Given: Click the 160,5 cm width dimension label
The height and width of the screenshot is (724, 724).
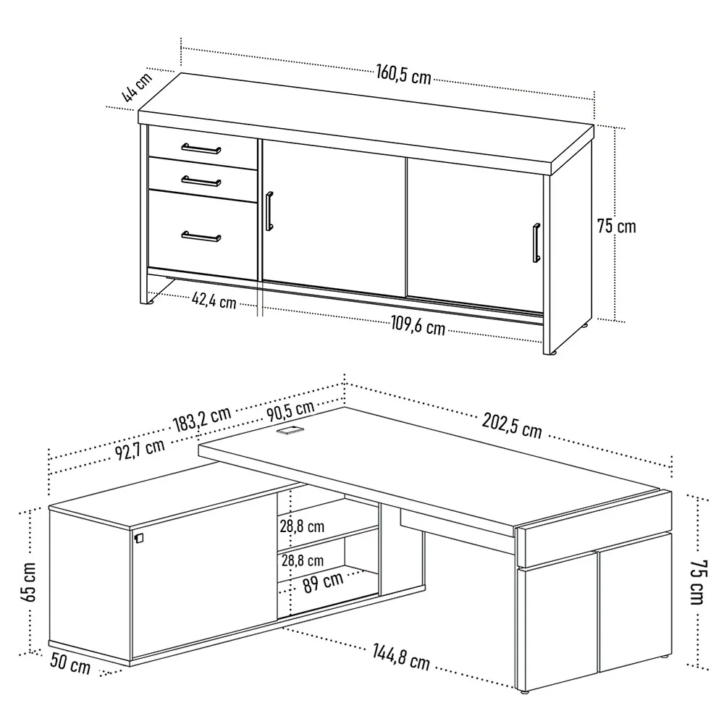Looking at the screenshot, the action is pyautogui.click(x=403, y=75).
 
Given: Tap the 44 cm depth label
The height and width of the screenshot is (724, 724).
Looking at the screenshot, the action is pyautogui.click(x=137, y=87).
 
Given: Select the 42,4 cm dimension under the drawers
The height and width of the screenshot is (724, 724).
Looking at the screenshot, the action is pyautogui.click(x=214, y=300).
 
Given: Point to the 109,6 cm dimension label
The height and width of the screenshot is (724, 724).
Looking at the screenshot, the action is pyautogui.click(x=418, y=326).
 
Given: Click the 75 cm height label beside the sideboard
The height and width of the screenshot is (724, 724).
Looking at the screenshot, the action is pyautogui.click(x=616, y=226).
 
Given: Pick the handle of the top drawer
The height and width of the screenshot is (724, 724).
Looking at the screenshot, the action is pyautogui.click(x=201, y=148).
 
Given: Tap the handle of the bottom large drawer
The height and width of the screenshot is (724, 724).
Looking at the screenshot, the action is pyautogui.click(x=201, y=236).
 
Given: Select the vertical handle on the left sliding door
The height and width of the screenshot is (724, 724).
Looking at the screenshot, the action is pyautogui.click(x=269, y=211).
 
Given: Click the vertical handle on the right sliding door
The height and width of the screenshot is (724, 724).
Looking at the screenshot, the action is pyautogui.click(x=536, y=243).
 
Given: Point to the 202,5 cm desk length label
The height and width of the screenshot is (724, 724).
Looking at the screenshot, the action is pyautogui.click(x=512, y=425).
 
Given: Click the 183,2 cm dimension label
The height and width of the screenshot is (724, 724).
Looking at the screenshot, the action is pyautogui.click(x=202, y=418).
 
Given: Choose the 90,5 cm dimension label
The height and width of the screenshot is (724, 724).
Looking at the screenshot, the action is pyautogui.click(x=290, y=411).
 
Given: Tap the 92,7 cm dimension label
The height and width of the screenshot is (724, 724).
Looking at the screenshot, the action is pyautogui.click(x=140, y=450).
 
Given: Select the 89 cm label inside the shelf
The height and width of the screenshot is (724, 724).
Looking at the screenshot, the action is pyautogui.click(x=323, y=582).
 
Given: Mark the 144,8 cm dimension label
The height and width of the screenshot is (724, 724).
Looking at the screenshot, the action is pyautogui.click(x=401, y=657).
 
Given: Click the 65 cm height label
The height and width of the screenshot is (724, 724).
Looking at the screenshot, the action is pyautogui.click(x=29, y=582).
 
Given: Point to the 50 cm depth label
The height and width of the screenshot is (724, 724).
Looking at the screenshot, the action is pyautogui.click(x=70, y=663).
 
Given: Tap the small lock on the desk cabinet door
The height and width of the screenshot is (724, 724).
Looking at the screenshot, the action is pyautogui.click(x=139, y=538).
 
